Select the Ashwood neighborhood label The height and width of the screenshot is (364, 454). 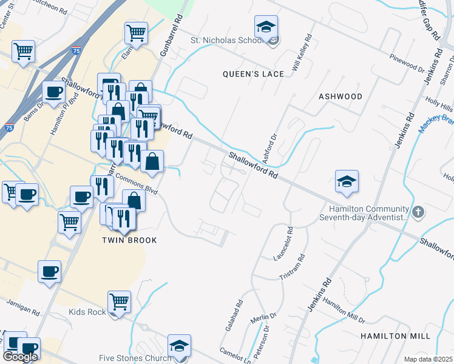(340, 96)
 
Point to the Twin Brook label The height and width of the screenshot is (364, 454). (129, 240)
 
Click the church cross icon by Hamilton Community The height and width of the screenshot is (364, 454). (418, 212)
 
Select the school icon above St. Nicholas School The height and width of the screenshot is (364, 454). (266, 27)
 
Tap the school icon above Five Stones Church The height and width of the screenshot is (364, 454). (179, 346)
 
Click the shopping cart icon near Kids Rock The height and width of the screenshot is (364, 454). (119, 300)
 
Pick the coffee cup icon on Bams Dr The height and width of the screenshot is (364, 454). (53, 92)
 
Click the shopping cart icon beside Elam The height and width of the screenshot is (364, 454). (137, 33)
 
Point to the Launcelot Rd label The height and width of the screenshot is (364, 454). (283, 243)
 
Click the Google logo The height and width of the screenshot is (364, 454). (20, 357)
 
